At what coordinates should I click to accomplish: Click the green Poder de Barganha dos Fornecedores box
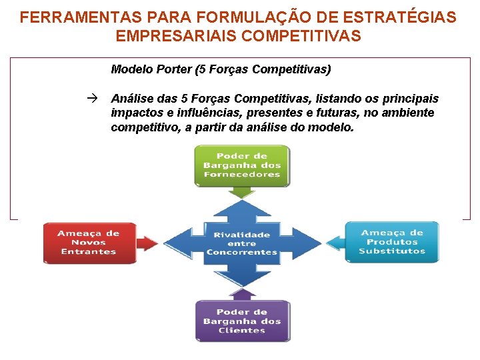242,165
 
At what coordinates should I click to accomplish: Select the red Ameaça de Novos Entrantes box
89,242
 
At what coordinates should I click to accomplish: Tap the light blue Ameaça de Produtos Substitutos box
392,241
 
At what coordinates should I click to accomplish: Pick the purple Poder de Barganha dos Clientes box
242,321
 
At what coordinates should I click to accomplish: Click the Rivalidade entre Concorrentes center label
242,243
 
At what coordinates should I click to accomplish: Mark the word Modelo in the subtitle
131,69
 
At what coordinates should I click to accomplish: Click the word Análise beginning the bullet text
133,99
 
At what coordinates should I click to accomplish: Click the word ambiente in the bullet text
409,113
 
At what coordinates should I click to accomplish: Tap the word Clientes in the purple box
242,330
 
